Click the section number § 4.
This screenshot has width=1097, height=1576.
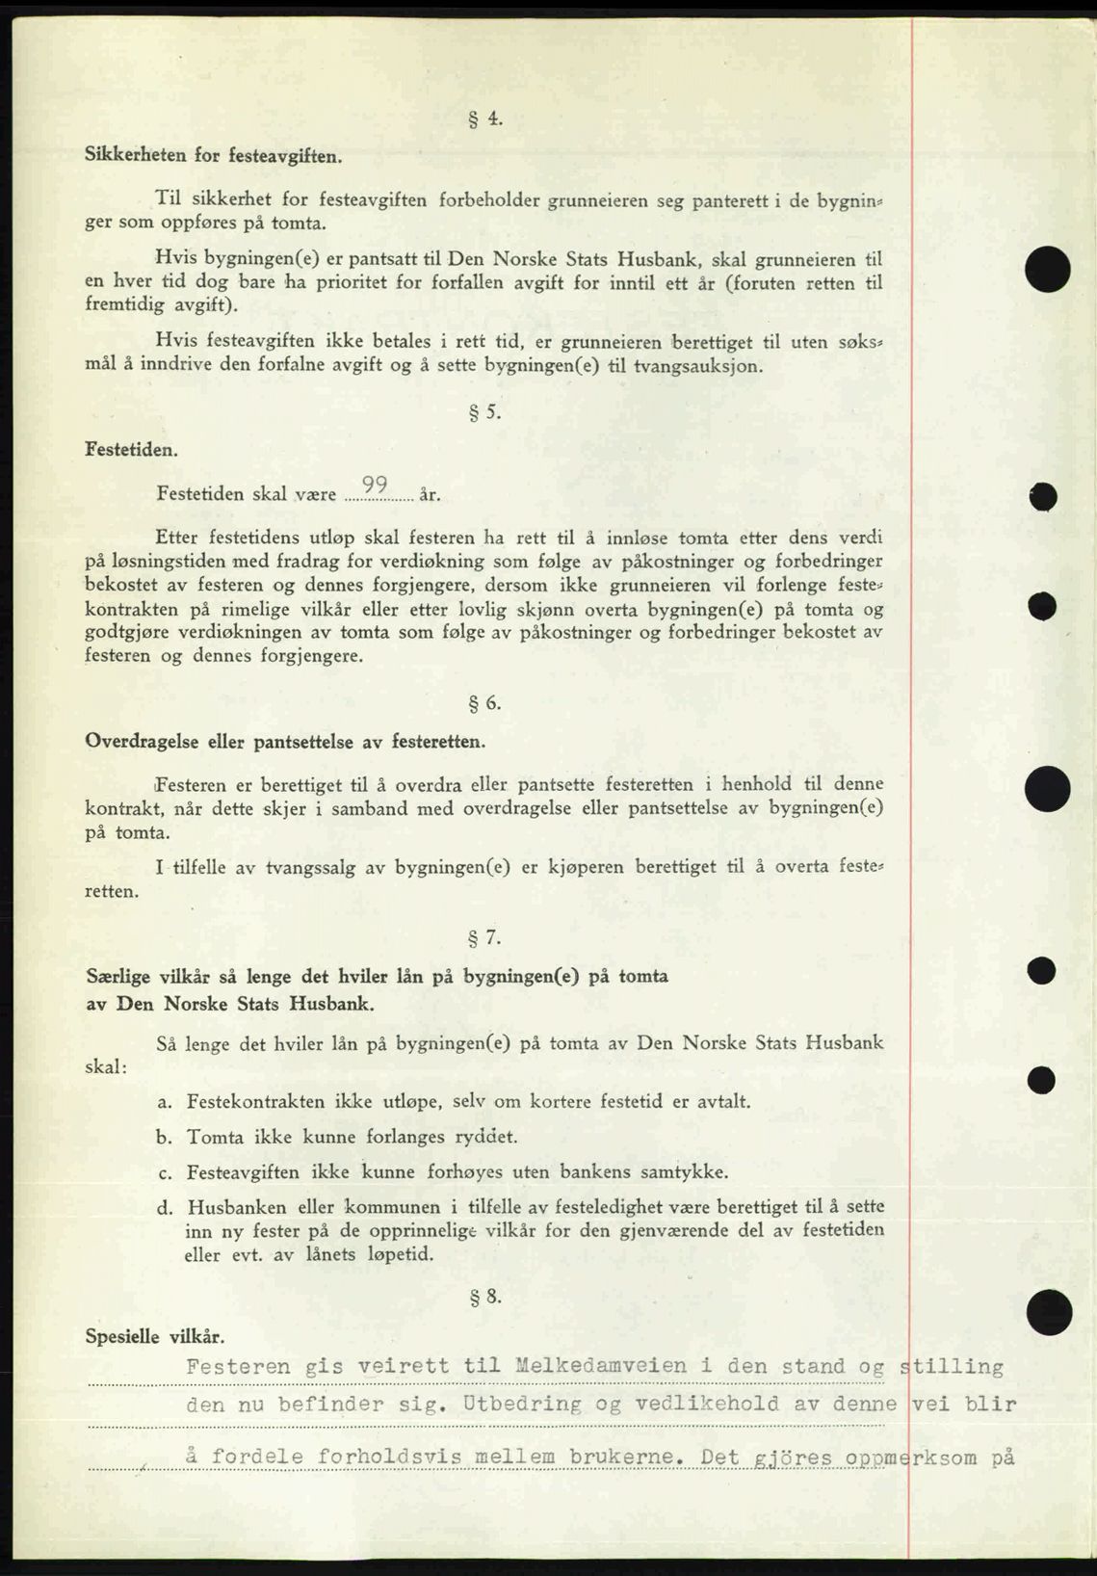pos(485,119)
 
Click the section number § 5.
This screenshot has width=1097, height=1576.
pos(485,412)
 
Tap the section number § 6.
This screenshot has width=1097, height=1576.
pos(485,703)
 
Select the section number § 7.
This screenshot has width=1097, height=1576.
pos(485,936)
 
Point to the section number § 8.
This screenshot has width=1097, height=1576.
pos(485,1297)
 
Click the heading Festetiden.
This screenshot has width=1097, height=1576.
pos(131,449)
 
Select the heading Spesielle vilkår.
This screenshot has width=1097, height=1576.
pos(155,1336)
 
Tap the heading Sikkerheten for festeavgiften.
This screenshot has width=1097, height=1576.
pos(213,154)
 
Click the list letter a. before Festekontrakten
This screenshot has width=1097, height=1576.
pos(164,1101)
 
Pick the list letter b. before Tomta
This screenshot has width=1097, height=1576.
pos(164,1137)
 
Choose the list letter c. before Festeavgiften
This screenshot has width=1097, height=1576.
pos(164,1172)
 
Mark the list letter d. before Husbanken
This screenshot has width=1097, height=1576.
pos(164,1207)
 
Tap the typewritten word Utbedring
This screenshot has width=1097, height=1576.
pos(521,1404)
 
